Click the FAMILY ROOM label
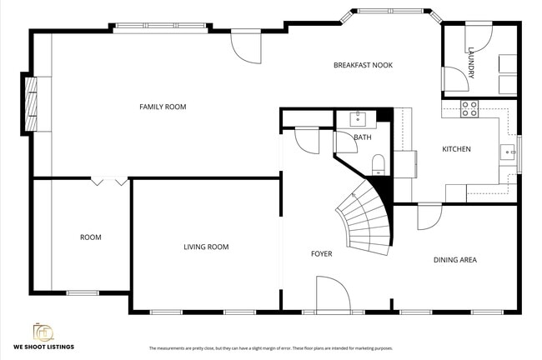[163, 107]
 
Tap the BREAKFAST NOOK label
[363, 65]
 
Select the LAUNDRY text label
[471, 62]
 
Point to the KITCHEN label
[456, 149]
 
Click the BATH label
[362, 137]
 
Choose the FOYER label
[321, 253]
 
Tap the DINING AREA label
[454, 260]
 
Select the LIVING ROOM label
[206, 247]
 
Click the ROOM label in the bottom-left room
[90, 237]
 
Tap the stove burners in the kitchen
[469, 107]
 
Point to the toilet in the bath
[378, 162]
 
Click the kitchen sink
[507, 152]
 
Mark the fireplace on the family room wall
[30, 103]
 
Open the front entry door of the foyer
[332, 295]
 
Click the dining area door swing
[429, 217]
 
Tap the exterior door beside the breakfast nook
[247, 47]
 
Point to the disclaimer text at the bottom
[271, 348]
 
